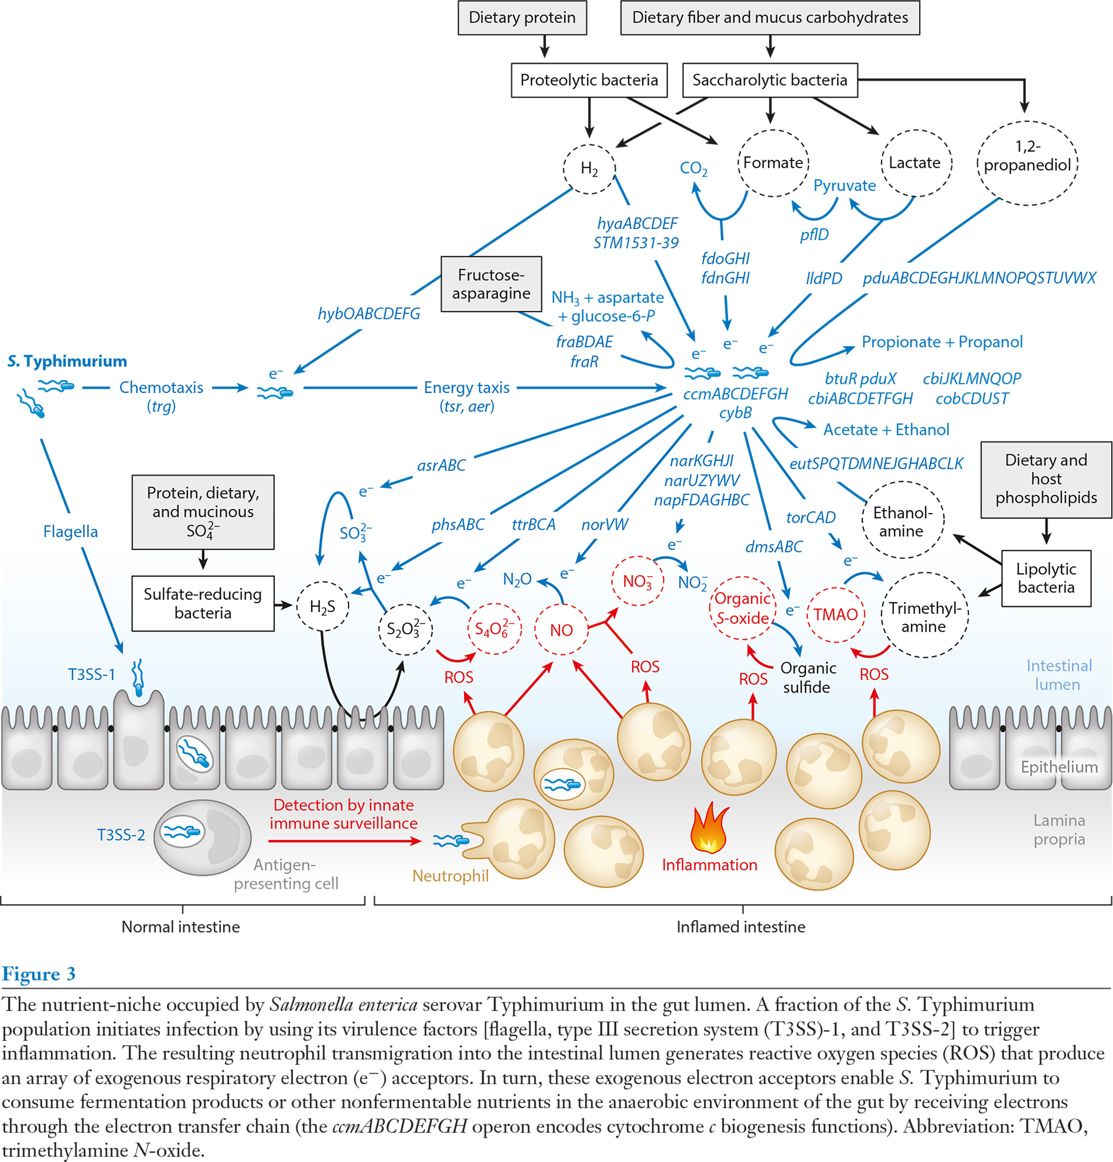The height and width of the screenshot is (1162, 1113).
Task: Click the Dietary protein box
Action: [522, 18]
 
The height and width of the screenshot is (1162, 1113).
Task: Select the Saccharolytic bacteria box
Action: [770, 80]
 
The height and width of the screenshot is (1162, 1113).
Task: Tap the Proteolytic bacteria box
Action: [589, 80]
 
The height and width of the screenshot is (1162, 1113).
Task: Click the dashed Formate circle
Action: [773, 163]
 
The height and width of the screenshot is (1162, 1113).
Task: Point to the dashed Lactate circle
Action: [916, 163]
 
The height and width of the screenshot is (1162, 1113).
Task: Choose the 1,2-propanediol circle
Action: [1027, 163]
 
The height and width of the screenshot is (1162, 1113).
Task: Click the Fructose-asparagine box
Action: [491, 284]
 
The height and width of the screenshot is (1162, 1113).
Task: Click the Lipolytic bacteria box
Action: [1046, 578]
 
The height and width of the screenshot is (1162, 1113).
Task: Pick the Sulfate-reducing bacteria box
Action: [203, 603]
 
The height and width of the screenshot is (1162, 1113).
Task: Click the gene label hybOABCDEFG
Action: [369, 314]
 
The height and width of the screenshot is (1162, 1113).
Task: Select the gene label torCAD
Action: [811, 517]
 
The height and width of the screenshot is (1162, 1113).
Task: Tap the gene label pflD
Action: [814, 235]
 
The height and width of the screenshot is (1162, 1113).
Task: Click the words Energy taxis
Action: [467, 388]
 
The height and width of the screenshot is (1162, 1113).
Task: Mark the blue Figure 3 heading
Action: [39, 974]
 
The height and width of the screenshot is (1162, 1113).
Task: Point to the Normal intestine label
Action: [181, 926]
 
